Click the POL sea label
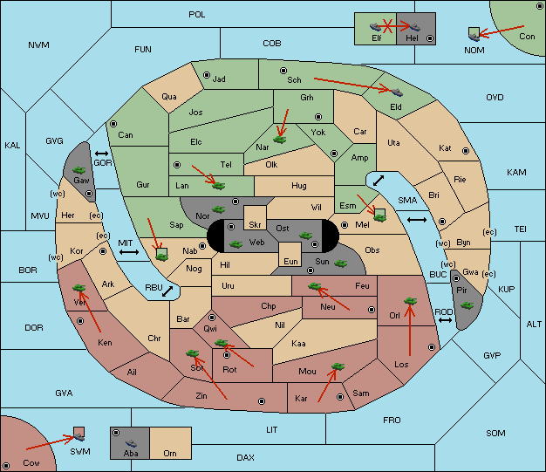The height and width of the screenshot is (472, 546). pos(197,15)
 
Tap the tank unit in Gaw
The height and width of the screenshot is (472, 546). pos(78,170)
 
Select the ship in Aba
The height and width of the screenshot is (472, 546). pos(132,443)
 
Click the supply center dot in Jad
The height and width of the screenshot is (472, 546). pos(207,75)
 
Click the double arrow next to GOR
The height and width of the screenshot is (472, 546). pos(101,154)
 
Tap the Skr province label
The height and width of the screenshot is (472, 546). pos(255,225)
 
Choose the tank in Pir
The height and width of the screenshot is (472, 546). pos(467,305)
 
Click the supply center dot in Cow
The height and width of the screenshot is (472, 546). pos(6,466)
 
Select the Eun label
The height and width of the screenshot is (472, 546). pos(290,261)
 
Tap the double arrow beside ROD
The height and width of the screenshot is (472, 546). pos(445,320)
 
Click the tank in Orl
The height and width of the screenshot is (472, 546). pos(410,301)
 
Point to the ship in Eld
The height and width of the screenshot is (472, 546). pos(397,92)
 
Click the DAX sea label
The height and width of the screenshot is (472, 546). pos(245,457)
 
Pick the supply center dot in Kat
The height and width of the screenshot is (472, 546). pos(466,151)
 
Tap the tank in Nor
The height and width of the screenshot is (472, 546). pos(218,209)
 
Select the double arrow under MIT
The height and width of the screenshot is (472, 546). pos(129,252)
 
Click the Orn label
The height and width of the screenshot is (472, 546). pos(170,453)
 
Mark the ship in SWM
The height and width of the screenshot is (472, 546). pos(79,436)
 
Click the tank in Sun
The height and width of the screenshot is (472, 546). pos(340,263)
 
